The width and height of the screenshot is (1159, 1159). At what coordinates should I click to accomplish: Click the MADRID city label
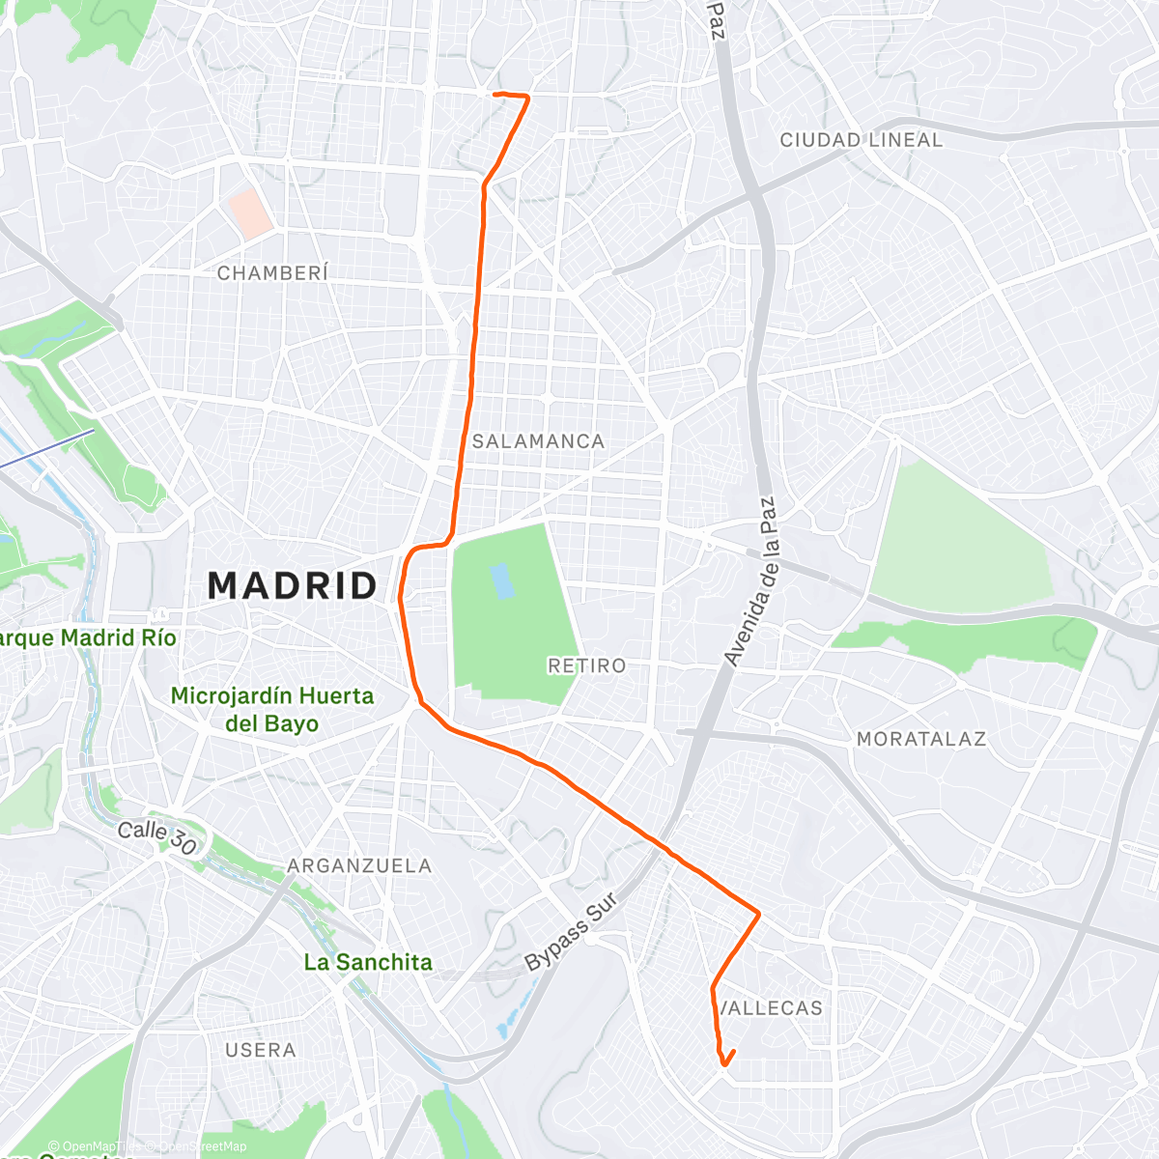coord(293,586)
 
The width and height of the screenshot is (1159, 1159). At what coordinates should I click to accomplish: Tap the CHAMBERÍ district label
coord(272,273)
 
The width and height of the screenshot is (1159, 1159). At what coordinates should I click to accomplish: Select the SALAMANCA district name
coord(538,441)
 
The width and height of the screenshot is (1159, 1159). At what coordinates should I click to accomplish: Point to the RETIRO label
coord(586,665)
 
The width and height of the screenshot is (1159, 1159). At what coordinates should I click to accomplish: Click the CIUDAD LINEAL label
coord(861,140)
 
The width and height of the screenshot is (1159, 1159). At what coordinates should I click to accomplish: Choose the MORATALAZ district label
coord(920,739)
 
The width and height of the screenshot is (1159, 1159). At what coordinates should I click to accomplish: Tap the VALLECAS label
coord(772,1008)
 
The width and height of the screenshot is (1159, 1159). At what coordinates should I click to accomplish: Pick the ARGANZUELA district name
coord(359,865)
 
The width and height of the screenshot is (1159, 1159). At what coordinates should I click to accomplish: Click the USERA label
coord(260,1050)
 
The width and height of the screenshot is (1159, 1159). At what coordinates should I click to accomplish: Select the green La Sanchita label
coord(368,962)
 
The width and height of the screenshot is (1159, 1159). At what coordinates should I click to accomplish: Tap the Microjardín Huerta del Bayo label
coord(271,709)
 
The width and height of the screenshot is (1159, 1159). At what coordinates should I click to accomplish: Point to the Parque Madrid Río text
coord(87,638)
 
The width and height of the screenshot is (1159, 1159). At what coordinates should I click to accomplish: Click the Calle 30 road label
coord(157,836)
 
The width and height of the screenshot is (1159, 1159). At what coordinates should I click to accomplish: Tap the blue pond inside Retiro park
coord(501,581)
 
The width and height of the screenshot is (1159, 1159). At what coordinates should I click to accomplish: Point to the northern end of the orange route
coord(495,94)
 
